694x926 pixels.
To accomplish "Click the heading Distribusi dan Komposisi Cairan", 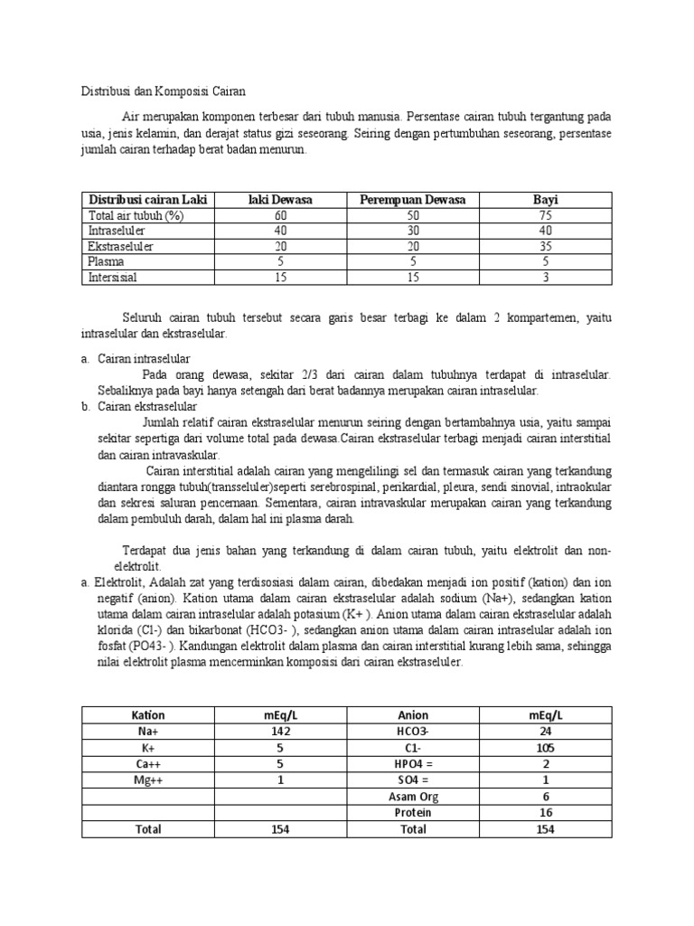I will click(x=158, y=91).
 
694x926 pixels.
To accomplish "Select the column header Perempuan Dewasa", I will click(x=413, y=199).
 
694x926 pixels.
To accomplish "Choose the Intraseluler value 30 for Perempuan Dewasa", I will click(x=413, y=231).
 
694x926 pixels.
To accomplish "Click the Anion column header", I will click(x=414, y=715).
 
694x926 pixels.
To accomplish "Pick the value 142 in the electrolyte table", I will click(x=279, y=732).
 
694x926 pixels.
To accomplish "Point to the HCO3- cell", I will click(x=414, y=732).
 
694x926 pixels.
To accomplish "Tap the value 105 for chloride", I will click(x=545, y=748).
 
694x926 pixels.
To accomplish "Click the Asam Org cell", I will click(x=414, y=797).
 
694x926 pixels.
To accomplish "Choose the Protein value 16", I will click(x=545, y=812).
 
